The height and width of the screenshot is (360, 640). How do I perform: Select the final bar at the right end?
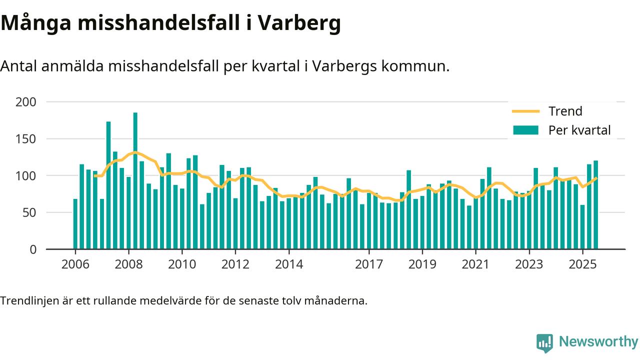[596, 205]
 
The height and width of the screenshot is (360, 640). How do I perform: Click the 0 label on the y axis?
[33, 249]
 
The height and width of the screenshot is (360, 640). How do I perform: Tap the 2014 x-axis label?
[288, 264]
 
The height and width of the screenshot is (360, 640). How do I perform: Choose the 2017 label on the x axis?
[369, 264]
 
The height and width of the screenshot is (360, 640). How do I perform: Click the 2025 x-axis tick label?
[582, 264]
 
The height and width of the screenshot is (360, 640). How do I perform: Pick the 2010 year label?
[181, 264]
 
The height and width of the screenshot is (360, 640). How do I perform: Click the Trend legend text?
[565, 111]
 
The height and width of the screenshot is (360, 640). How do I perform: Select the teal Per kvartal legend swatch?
[525, 130]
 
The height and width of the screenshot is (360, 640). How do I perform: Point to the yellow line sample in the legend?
[525, 111]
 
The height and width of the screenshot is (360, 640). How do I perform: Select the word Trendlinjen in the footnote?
[27, 301]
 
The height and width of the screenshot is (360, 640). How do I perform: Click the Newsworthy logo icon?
[544, 343]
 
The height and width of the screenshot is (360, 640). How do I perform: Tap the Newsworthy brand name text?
[598, 342]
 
